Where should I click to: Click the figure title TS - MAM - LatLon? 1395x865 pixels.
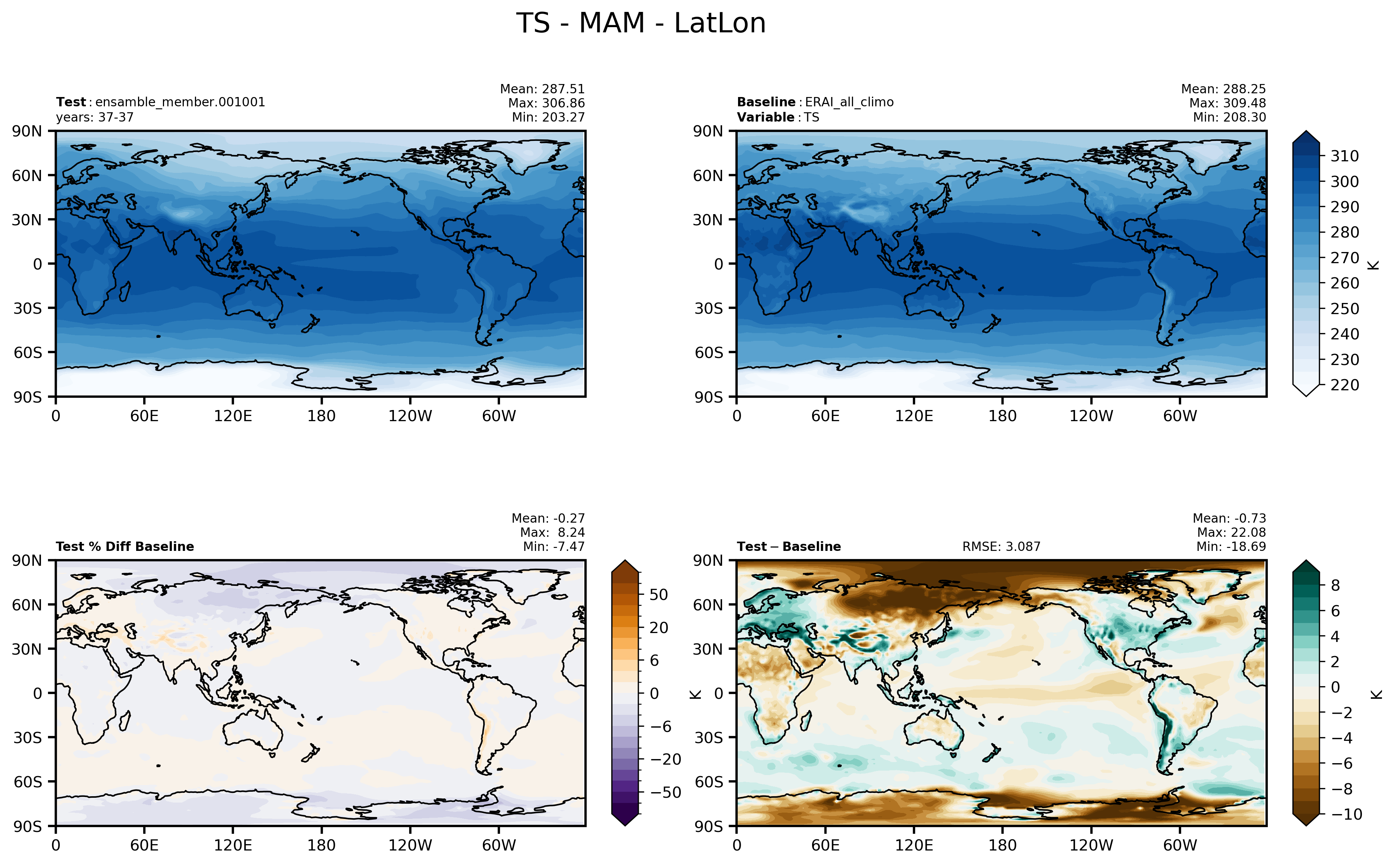[641, 23]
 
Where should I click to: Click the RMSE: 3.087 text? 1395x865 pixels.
[1001, 546]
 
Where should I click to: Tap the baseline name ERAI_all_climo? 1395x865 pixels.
[849, 102]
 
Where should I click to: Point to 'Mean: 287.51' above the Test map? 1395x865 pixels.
[542, 89]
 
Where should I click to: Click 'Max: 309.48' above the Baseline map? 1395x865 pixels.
[1227, 103]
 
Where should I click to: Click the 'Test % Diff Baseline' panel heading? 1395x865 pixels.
[125, 546]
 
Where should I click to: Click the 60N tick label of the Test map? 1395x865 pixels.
[27, 175]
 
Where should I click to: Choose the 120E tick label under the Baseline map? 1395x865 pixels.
[914, 416]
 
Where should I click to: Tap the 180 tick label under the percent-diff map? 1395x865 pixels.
[321, 845]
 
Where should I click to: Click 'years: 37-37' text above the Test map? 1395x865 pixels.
[94, 117]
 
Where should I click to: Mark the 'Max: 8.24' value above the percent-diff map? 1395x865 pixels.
[552, 532]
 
